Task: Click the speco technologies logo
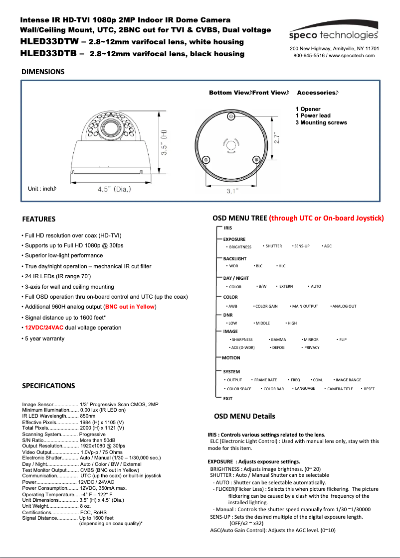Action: coord(334,35)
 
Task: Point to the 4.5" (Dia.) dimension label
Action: coord(115,189)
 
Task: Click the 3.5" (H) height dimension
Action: coord(164,144)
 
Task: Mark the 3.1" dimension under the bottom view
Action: coord(232,191)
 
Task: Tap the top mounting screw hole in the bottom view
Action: coord(231,116)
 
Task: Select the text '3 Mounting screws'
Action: coord(321,122)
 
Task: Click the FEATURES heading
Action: coord(39,219)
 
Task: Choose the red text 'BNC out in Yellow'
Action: coord(130,307)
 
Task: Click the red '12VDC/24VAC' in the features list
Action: coord(44,328)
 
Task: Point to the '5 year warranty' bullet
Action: coord(44,338)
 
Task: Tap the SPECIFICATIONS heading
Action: coord(48,386)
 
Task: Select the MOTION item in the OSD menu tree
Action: coord(231,358)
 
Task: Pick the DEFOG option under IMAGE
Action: coord(278,347)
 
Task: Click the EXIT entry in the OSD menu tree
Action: coord(227,399)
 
